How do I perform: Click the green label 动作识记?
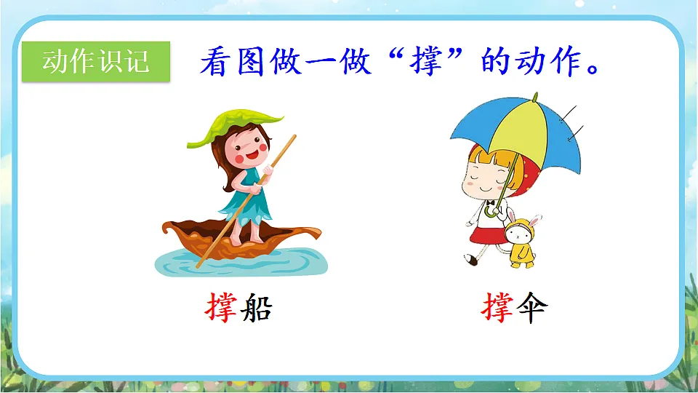coord(96,62)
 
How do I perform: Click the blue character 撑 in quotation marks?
coord(427,63)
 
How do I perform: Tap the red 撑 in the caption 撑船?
coord(221,309)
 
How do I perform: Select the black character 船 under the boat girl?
coord(255,309)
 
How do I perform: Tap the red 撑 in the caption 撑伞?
coord(497,309)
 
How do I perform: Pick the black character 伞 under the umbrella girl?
coord(531,309)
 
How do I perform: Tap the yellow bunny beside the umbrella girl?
coord(518,241)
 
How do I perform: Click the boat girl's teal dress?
coord(247,196)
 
